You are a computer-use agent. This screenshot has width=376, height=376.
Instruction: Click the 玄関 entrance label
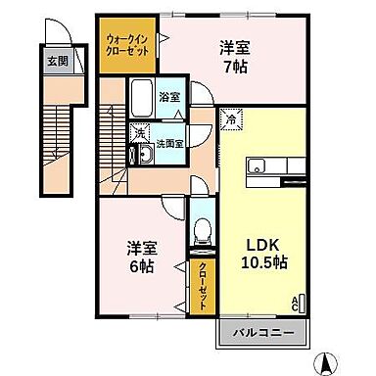pyautogui.click(x=58, y=61)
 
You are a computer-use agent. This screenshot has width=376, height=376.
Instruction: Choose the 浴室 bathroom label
pyautogui.click(x=169, y=96)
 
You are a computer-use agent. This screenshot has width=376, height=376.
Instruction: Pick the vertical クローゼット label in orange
pyautogui.click(x=203, y=281)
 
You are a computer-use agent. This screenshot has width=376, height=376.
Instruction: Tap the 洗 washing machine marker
pyautogui.click(x=140, y=131)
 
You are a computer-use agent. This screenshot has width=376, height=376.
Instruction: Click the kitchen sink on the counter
pyautogui.click(x=258, y=166)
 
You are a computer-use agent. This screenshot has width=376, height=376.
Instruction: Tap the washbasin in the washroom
pyautogui.click(x=144, y=154)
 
